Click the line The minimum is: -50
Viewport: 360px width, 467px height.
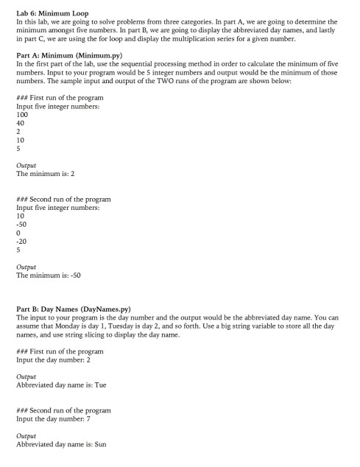[49, 275]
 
